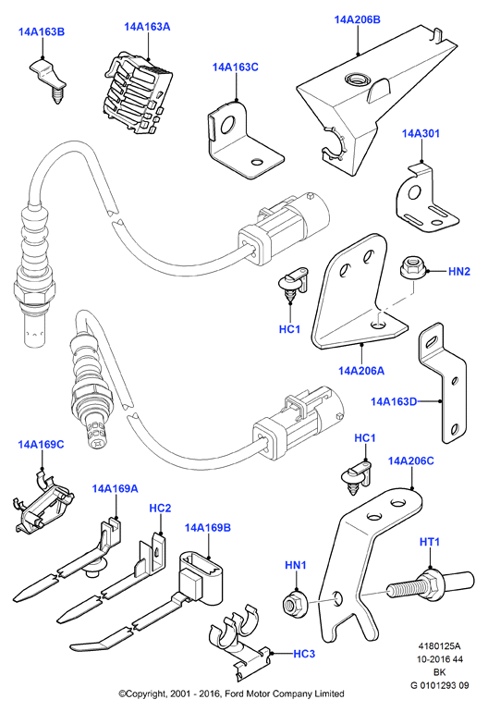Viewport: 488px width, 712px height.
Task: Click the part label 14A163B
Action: (42, 31)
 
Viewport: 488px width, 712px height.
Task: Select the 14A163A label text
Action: (147, 27)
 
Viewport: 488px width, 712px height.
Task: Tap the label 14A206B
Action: (358, 19)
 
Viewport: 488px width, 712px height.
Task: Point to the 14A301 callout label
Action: (421, 133)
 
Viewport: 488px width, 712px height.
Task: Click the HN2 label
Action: (459, 272)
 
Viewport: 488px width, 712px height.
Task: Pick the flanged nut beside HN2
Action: (411, 268)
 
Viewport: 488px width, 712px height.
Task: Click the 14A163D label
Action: (394, 401)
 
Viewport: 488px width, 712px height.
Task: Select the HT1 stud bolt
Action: (431, 584)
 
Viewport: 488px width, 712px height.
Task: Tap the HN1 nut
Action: (296, 603)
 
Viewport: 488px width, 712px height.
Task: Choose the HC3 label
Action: (304, 654)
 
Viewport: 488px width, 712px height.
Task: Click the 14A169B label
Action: (207, 528)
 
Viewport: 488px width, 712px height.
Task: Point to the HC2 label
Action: (160, 508)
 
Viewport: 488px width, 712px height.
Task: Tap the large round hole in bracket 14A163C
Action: (227, 125)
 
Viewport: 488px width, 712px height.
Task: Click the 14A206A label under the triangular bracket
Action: (361, 371)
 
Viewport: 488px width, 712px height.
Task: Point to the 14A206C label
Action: (411, 460)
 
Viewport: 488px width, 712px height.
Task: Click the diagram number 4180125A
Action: (439, 646)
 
